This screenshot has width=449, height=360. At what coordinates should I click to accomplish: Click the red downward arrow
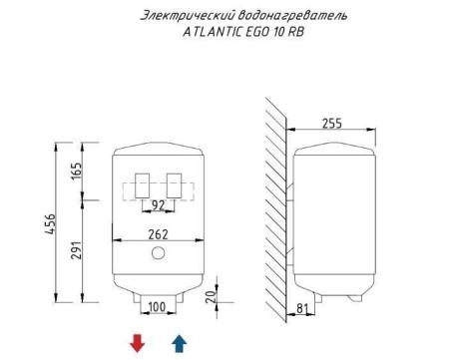138,343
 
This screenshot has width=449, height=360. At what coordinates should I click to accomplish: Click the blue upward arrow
179,343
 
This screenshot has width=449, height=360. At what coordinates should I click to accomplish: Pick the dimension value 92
157,205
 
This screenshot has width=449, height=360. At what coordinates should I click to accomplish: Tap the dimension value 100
157,305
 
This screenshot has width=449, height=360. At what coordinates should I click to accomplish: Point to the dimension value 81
299,307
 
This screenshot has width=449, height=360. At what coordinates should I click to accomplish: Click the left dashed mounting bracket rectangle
140,184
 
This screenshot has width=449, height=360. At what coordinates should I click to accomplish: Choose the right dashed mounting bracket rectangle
175,184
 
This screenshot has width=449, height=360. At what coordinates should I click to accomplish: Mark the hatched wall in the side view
277,199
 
